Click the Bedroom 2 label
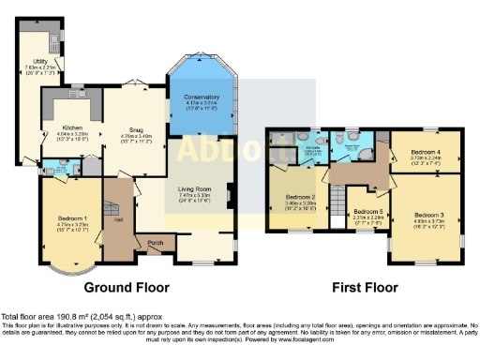click(301, 197)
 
